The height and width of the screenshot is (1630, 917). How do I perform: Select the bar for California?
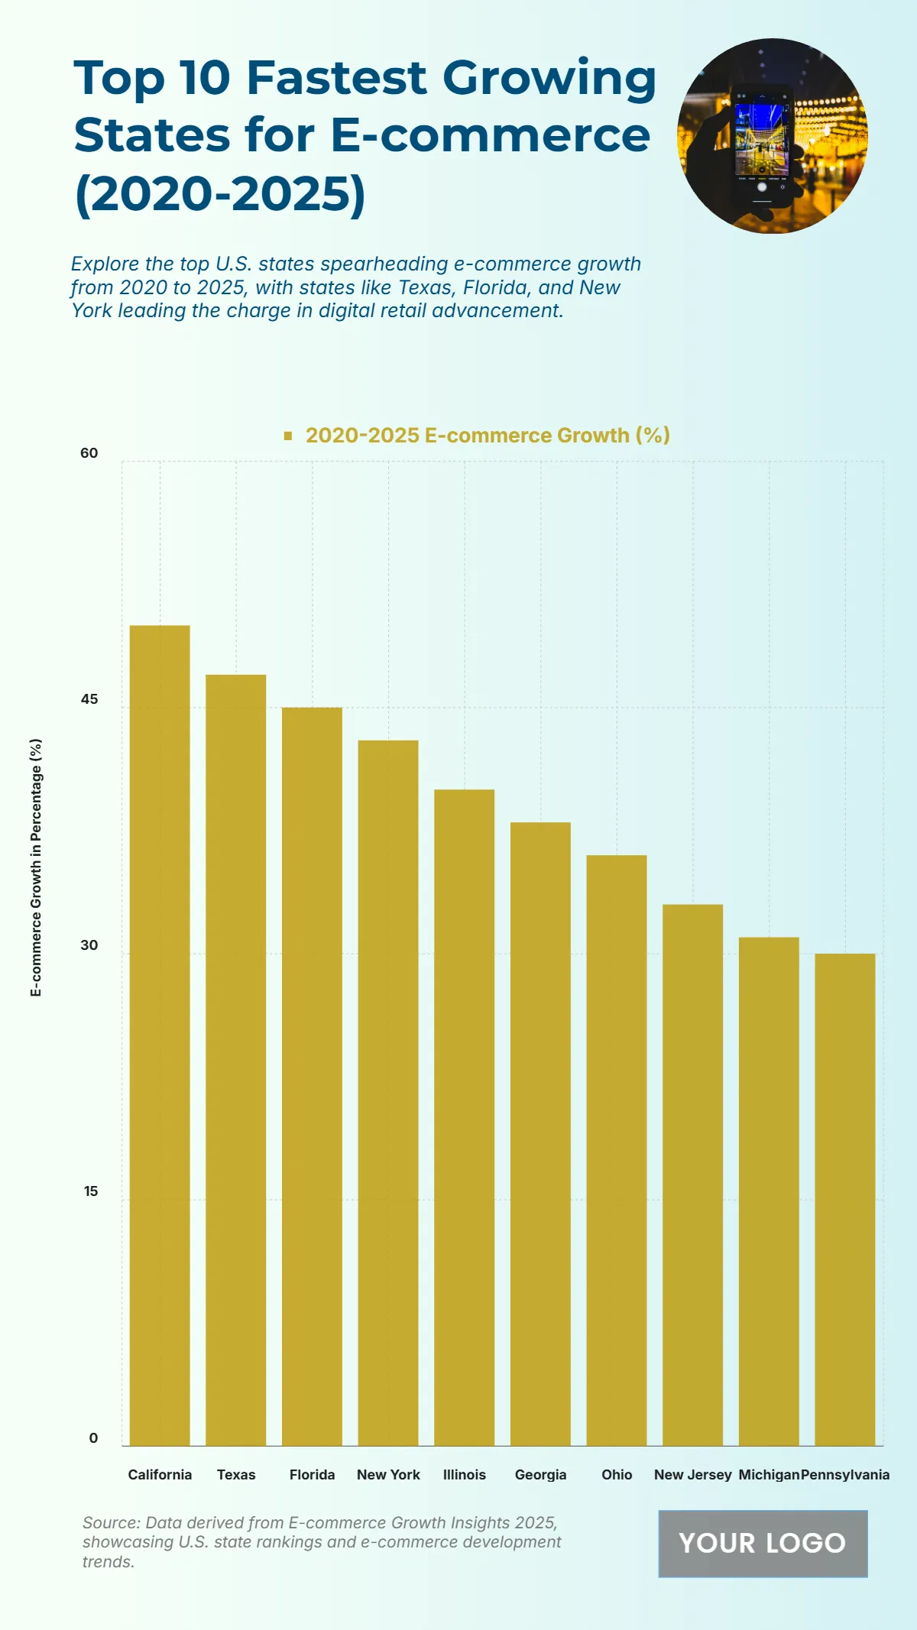(160, 1035)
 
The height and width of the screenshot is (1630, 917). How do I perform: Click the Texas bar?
(236, 1060)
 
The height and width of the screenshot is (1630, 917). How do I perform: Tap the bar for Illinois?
(464, 1117)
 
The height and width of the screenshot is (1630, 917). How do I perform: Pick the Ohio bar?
(617, 1150)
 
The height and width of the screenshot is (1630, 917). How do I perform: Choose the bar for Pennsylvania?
(845, 1200)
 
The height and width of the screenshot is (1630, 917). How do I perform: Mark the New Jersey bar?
(692, 1175)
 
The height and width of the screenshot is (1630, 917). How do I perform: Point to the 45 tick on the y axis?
(89, 699)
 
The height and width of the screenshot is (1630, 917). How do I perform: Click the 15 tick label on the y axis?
(91, 1191)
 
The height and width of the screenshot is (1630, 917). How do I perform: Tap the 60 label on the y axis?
(89, 453)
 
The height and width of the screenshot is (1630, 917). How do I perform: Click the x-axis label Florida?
(312, 1475)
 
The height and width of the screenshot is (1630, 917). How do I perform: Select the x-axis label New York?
(388, 1475)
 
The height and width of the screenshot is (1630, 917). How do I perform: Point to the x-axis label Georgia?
(540, 1475)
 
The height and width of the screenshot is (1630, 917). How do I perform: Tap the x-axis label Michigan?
(768, 1475)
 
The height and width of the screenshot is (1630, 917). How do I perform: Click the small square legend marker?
(288, 436)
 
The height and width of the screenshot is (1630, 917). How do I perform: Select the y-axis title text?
(36, 867)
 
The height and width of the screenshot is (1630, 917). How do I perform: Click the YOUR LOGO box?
(763, 1543)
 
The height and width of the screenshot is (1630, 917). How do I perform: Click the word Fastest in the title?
(336, 78)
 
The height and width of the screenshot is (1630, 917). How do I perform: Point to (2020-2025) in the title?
(220, 194)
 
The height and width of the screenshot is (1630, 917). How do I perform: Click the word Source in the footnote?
(110, 1523)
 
